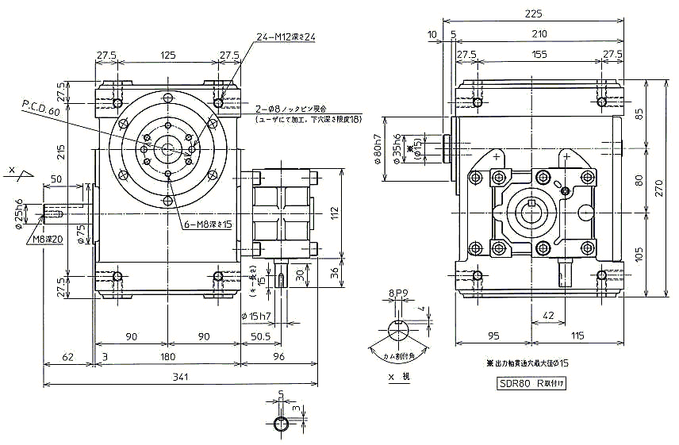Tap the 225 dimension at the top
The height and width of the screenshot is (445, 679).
(x=534, y=13)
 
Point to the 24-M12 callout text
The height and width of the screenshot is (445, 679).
(x=286, y=37)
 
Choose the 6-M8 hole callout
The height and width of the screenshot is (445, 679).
(x=207, y=224)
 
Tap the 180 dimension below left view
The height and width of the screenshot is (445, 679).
(x=167, y=356)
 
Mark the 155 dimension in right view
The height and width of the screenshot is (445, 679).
(x=539, y=54)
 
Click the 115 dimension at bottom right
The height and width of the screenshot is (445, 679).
(x=577, y=336)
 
